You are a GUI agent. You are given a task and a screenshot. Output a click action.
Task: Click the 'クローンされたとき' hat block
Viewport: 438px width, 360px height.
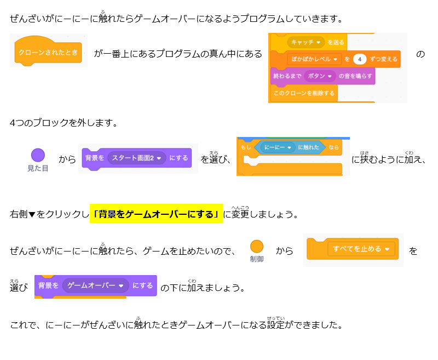pos(48,53)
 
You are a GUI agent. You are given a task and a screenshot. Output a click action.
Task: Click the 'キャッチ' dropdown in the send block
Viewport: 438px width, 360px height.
pos(306,42)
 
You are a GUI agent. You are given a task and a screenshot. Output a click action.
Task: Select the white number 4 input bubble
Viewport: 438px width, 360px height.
pos(359,59)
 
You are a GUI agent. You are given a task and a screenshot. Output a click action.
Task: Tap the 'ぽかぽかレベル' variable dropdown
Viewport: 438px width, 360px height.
pos(314,59)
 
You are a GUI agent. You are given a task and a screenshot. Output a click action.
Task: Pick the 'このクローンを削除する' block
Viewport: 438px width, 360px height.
pos(304,93)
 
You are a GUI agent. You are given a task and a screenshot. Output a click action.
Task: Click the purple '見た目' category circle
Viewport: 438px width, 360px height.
pos(38,156)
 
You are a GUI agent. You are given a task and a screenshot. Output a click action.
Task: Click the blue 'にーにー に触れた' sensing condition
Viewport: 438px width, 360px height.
pos(290,147)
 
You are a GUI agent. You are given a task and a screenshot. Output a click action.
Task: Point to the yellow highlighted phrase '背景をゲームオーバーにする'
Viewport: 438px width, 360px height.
pos(157,214)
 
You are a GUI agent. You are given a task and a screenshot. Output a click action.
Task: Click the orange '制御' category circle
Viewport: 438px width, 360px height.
pos(256,246)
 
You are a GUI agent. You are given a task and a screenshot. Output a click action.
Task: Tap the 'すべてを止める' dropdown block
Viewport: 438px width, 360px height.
pos(361,249)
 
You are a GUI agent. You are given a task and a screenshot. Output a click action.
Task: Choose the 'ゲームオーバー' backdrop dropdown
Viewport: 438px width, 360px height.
pos(95,285)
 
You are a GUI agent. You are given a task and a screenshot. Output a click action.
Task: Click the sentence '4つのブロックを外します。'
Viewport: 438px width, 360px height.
pos(64,122)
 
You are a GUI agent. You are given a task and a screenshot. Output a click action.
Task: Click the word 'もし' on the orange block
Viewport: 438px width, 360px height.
pos(245,148)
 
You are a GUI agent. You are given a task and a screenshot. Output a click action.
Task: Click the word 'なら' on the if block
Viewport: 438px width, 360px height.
pos(334,148)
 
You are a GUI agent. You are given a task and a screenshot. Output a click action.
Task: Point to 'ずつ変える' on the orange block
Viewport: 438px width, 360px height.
pos(384,59)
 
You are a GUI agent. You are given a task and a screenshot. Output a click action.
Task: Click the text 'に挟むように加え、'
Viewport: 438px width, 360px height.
pos(388,159)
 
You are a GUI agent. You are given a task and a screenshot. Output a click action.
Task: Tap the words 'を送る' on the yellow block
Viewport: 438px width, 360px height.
pos(335,42)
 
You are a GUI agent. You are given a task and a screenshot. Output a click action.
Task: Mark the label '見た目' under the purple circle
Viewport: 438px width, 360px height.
pos(38,168)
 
